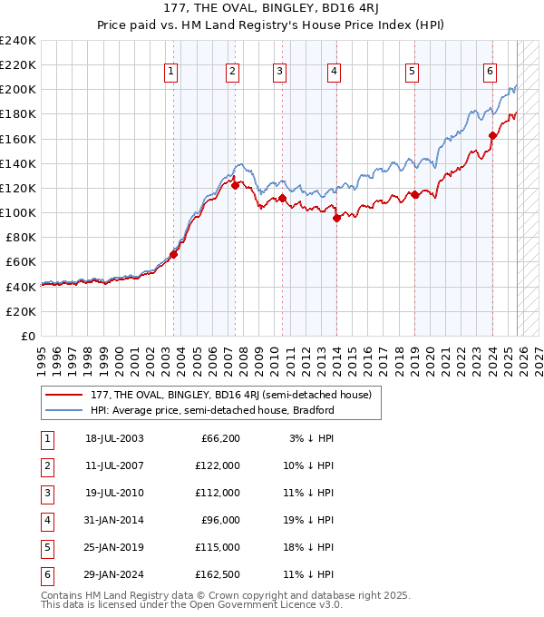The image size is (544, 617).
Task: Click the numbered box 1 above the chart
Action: coord(171,72)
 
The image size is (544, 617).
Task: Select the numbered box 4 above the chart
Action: coord(334,72)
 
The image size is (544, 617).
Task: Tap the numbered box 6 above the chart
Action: coord(490,72)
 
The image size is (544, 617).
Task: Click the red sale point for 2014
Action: coord(336,218)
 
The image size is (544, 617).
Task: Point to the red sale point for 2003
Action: coord(174,254)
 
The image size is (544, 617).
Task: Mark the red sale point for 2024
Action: coord(493,136)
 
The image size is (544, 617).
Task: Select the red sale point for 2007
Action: coord(235,186)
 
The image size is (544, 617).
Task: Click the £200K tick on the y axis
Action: coord(18,90)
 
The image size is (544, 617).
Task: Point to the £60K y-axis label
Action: coord(21,262)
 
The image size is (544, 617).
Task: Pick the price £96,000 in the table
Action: coord(220,520)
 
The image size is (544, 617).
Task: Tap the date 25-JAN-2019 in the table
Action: coord(114,547)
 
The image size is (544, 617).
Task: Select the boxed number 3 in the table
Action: coord(46,493)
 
